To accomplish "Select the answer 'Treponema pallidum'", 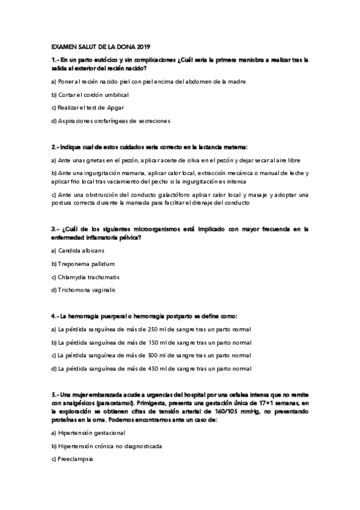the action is [x=87, y=263].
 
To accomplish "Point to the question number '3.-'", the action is [x=55, y=229].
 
